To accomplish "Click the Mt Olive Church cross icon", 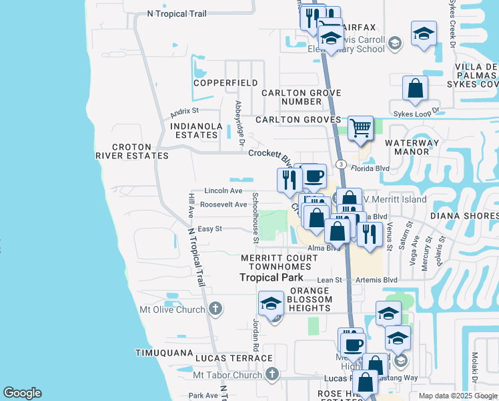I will (x=215, y=309).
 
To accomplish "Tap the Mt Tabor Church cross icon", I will (x=271, y=374).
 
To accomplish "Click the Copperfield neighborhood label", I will (x=225, y=83).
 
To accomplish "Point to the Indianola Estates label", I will (x=194, y=130).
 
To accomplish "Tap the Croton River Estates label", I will (x=131, y=151).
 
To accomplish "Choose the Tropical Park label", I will (x=272, y=277).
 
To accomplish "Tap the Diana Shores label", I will (x=464, y=216).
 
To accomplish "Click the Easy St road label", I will (x=209, y=229).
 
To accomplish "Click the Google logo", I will (x=22, y=393).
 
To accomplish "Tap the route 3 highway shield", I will (x=341, y=164).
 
